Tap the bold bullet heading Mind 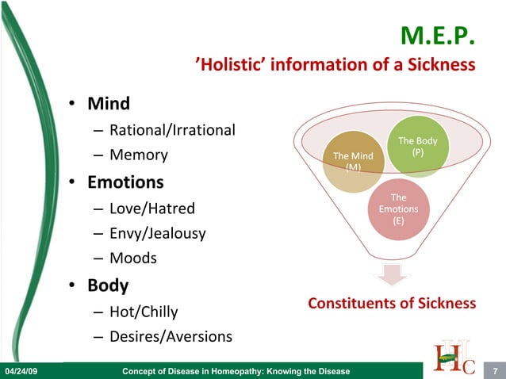click(x=109, y=104)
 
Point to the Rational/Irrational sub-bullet click(x=172, y=130)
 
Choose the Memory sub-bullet click(x=139, y=155)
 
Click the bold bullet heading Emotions click(x=125, y=182)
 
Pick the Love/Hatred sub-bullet click(x=152, y=209)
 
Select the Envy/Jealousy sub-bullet click(x=158, y=234)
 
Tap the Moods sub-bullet click(x=133, y=258)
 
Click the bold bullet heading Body click(x=108, y=285)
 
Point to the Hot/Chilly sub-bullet click(x=144, y=312)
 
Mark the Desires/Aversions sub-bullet click(x=171, y=337)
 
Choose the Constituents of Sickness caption click(x=392, y=304)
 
